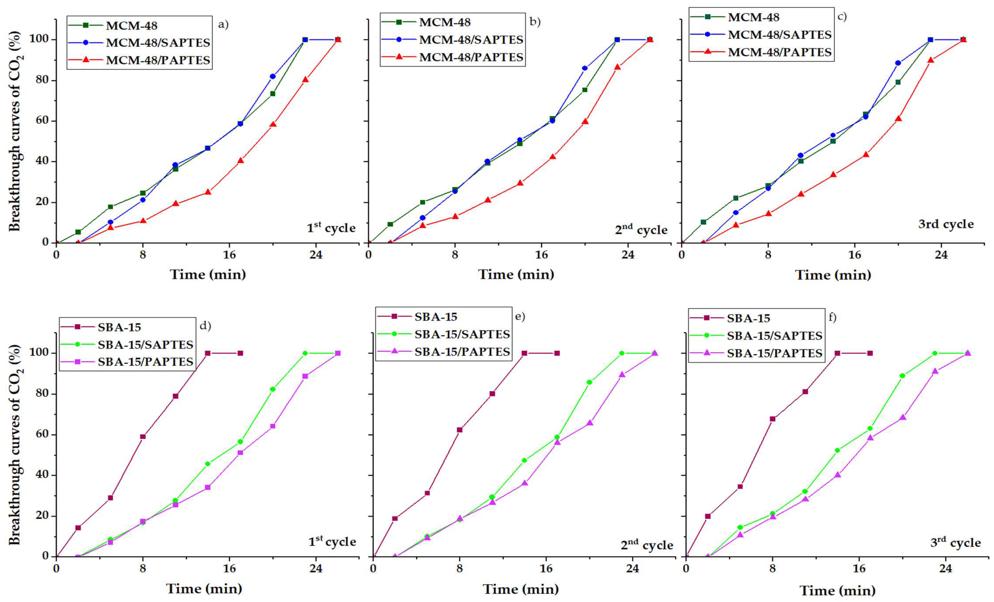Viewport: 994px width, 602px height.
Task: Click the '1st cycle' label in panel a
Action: coord(331,228)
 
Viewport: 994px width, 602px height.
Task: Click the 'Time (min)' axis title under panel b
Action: coord(516,275)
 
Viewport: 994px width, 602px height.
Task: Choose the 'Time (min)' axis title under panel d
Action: coord(204,588)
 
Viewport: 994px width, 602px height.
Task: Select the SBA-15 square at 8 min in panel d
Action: coord(143,437)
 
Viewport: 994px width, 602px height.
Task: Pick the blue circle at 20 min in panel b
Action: coord(584,68)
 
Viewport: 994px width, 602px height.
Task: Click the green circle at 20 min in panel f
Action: coord(902,375)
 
